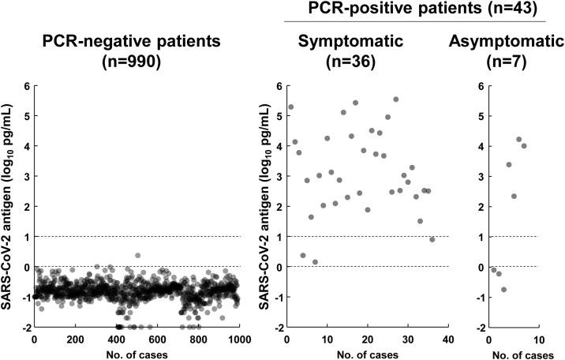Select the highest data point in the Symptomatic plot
(x=395, y=99)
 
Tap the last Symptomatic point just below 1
(x=432, y=240)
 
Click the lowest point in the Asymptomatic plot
(x=503, y=290)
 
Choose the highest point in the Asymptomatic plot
(x=518, y=140)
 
